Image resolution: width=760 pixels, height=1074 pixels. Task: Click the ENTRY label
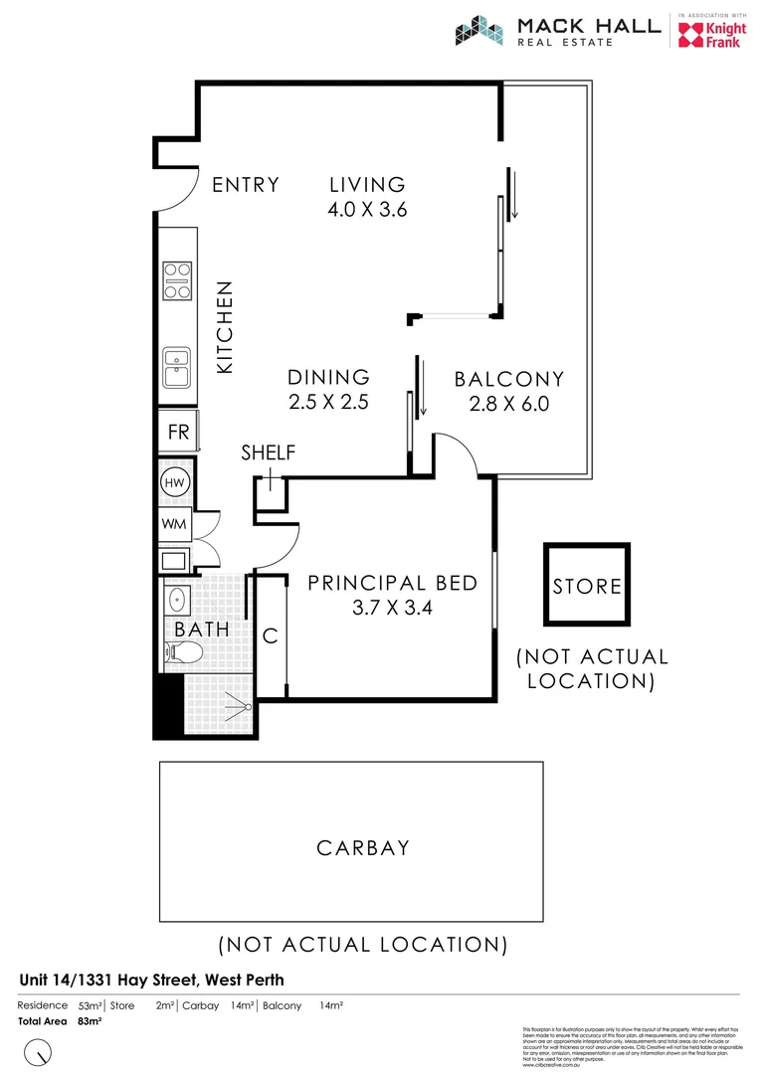tap(246, 185)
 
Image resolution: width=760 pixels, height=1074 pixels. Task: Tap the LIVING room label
tap(368, 185)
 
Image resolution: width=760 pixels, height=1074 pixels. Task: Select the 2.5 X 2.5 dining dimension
tap(328, 403)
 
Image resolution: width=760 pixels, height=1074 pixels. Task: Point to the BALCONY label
tap(509, 379)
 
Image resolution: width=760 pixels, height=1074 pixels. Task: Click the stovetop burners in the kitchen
tap(177, 280)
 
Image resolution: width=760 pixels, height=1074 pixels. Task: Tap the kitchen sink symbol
tap(177, 368)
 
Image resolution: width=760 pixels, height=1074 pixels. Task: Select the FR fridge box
tap(178, 433)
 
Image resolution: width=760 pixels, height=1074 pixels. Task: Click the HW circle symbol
tap(175, 483)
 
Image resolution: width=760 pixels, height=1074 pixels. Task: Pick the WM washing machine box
tap(175, 523)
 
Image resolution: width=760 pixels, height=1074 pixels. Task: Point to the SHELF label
tap(269, 453)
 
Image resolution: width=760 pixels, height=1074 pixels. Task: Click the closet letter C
tap(271, 636)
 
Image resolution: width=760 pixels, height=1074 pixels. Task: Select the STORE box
tap(587, 586)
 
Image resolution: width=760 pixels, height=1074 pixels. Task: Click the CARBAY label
tap(363, 848)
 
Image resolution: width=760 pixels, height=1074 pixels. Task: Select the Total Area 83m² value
tap(91, 1021)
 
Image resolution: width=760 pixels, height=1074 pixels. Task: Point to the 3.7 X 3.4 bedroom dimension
tap(392, 607)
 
